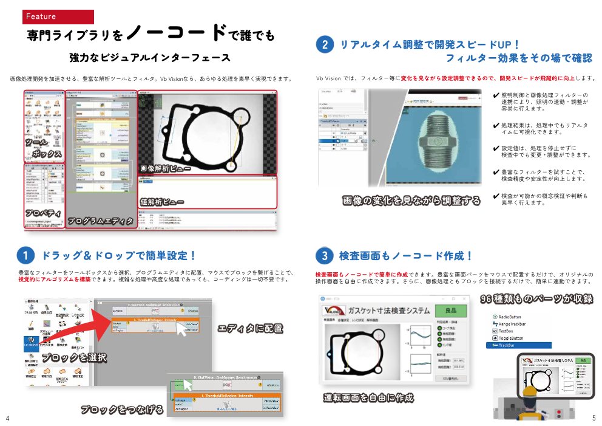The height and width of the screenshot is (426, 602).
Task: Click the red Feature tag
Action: coord(58,16)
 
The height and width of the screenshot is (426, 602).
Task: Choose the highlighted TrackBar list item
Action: coord(518,345)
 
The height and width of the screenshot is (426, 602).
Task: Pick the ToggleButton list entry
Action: coord(510,338)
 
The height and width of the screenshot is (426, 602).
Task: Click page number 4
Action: coord(7,418)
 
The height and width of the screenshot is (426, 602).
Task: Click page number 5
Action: coord(594,418)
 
